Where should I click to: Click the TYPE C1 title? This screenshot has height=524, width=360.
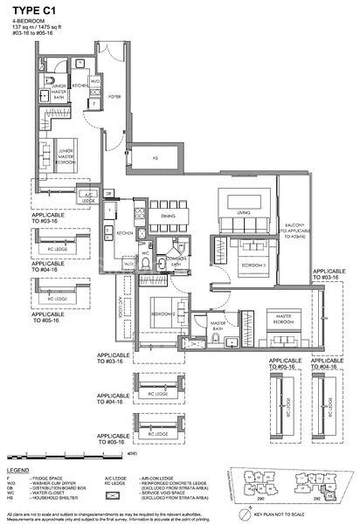pyautogui.click(x=30, y=10)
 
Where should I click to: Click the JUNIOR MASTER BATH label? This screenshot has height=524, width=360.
pyautogui.click(x=58, y=94)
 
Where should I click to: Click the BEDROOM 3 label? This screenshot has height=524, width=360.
pyautogui.click(x=253, y=263)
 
